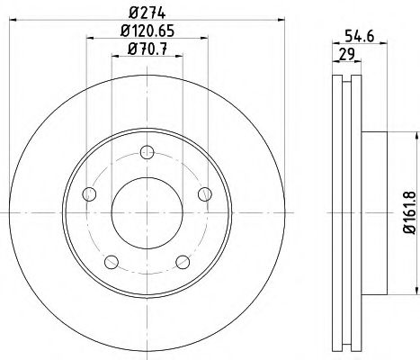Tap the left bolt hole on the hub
pyautogui.click(x=88, y=194)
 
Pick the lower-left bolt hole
pyautogui.click(x=111, y=262)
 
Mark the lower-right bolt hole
pyautogui.click(x=183, y=262)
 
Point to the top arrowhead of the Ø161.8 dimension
pyautogui.click(x=415, y=134)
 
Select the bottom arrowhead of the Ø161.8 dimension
pyautogui.click(x=415, y=294)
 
